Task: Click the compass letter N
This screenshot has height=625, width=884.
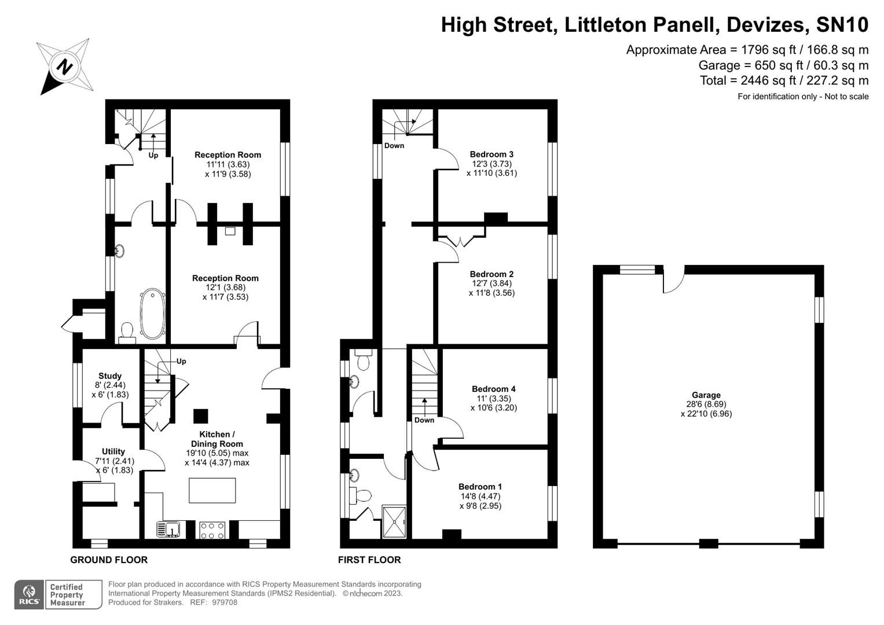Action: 65,67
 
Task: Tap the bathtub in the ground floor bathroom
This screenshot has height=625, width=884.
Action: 153,314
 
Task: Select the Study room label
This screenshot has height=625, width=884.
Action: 110,376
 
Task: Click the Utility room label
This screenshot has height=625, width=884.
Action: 113,451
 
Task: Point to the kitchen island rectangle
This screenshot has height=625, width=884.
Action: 212,490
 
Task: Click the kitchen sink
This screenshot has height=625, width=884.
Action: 169,529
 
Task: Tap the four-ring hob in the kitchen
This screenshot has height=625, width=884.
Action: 212,530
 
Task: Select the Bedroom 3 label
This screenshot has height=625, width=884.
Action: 491,155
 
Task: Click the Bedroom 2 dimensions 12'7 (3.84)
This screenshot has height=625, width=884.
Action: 491,284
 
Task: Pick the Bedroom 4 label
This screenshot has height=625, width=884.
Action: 493,389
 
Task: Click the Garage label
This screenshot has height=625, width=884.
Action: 706,395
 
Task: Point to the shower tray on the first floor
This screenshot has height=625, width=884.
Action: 394,521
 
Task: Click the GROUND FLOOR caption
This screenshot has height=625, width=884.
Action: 109,560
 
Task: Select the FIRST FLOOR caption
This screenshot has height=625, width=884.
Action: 369,560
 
